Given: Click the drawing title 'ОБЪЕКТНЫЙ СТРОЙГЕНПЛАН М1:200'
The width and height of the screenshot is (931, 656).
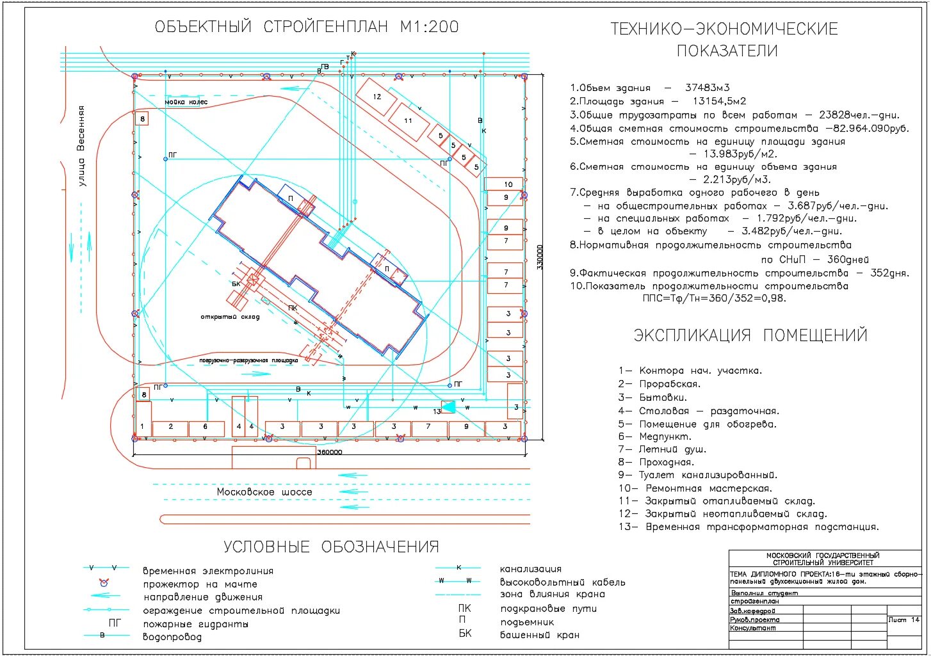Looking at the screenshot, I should coord(307,27).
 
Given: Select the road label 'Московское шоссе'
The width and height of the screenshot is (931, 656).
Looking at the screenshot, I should coord(264,492).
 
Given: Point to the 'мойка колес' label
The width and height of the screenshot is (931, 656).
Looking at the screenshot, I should coord(186,102).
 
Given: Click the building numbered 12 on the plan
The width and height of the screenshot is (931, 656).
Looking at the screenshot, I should coord(376,97).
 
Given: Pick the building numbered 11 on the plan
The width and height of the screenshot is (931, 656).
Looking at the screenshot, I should coord(408,121).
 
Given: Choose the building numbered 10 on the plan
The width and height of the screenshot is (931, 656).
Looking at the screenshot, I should coord(508,184).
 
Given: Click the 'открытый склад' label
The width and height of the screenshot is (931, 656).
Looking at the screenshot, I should coord(230,317).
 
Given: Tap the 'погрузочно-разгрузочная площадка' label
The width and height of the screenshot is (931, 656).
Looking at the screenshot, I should coord(248,360).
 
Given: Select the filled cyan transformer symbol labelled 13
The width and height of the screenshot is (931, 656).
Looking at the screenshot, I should coord(449,406).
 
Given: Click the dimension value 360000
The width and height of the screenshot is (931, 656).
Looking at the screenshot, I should coord(329,452).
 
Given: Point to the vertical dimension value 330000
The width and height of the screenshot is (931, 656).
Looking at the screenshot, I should coord(540,257).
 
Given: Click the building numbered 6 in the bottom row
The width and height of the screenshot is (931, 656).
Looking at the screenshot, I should coord(205,427).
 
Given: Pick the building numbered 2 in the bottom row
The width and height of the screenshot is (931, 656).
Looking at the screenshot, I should coord(171,427).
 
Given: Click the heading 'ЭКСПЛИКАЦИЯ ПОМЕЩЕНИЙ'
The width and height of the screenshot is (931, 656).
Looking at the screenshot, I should coord(750,335).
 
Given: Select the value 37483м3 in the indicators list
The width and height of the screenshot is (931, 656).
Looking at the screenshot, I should coord(707,88).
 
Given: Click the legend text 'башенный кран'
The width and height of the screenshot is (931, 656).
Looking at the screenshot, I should coord(539,635).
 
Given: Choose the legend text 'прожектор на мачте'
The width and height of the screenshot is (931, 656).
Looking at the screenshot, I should coord(200,584).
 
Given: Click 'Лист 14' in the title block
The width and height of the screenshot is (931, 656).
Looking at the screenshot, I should coord(903,620).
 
